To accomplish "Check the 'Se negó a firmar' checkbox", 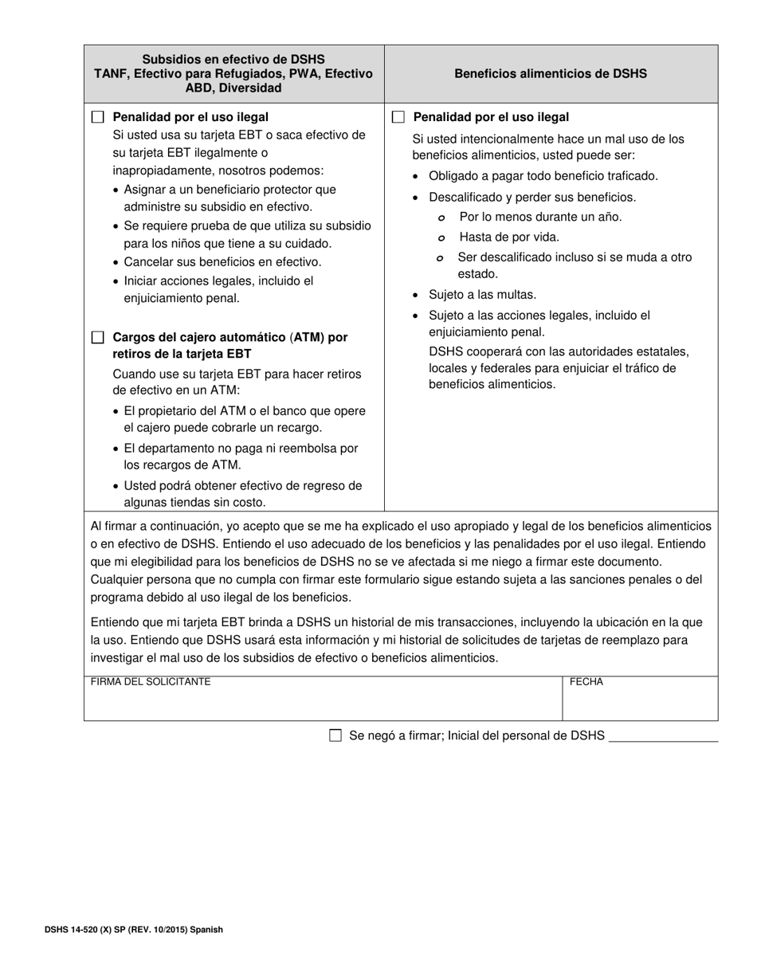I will [x=335, y=735].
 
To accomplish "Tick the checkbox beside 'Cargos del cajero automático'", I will [x=97, y=337].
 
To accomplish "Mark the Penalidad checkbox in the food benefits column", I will [x=398, y=117].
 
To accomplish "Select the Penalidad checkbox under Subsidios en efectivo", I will [x=97, y=117].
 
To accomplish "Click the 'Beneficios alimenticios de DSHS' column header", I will [x=551, y=73].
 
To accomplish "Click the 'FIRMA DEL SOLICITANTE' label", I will [x=151, y=682].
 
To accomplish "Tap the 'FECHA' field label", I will [x=586, y=682].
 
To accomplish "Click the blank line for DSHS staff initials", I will [x=662, y=737].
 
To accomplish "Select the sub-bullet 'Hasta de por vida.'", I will [x=509, y=237].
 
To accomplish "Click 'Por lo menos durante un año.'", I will [x=540, y=217].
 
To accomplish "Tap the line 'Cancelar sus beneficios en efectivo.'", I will [x=222, y=261].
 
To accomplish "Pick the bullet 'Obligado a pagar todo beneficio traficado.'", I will [x=543, y=176].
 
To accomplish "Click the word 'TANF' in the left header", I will [x=112, y=73].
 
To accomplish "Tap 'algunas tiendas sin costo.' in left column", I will [x=194, y=502].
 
